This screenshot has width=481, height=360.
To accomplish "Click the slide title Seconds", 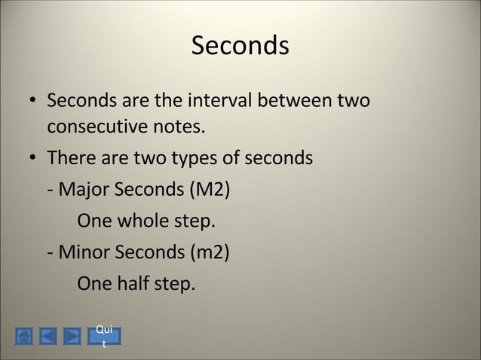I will pos(240,46).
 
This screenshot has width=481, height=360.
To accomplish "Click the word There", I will pos(68,159).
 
